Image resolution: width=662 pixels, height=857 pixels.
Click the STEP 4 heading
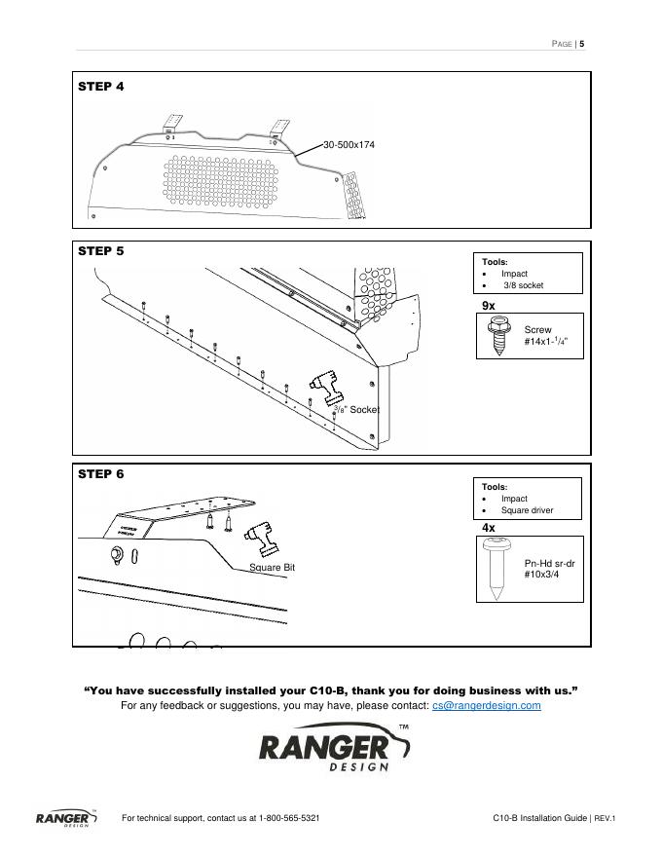coord(101,87)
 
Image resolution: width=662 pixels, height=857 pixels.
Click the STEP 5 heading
coord(101,250)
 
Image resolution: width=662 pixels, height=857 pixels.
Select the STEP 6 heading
coord(101,474)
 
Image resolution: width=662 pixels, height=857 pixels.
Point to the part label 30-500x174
coord(349,145)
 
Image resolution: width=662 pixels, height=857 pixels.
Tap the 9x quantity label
coord(489,306)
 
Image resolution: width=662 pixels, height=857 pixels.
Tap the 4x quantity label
coord(489,528)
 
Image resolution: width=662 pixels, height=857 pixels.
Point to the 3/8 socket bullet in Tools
coord(523,286)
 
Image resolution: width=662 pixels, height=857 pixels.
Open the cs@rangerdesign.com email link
coord(486,706)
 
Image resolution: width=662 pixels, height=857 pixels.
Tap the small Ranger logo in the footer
coord(66,818)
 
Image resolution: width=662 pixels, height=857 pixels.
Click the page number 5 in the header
coord(581,43)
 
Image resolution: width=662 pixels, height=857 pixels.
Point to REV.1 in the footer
coord(606,818)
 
